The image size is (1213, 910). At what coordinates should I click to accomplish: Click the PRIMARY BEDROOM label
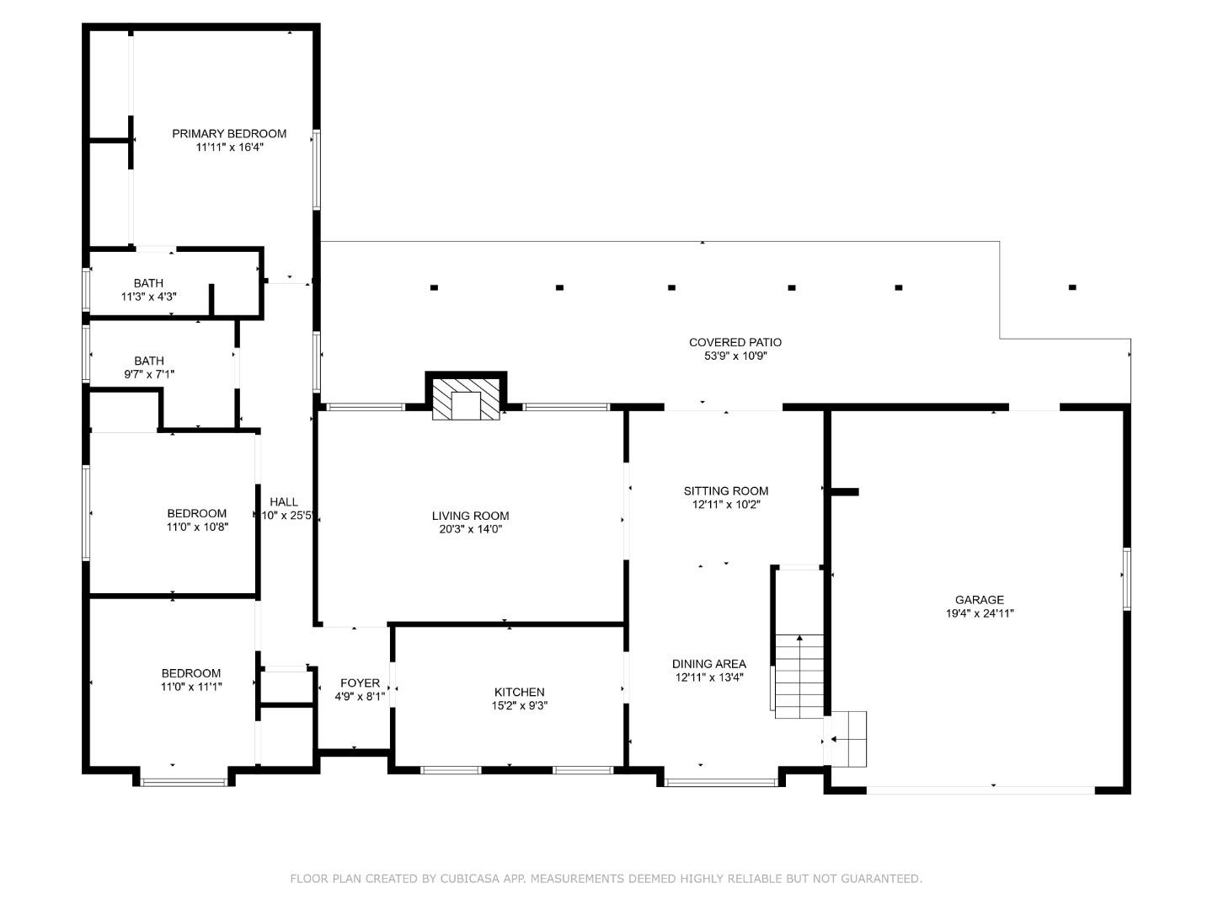tap(229, 134)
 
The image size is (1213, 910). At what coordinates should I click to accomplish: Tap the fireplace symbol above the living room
tap(466, 399)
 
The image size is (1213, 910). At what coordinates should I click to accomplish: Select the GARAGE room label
tap(979, 599)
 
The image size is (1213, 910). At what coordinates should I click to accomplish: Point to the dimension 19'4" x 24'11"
tap(979, 613)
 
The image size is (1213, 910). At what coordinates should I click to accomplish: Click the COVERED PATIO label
tap(735, 343)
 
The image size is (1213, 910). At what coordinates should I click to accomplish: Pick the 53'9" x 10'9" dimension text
tap(735, 356)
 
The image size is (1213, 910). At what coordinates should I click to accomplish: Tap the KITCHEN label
tap(519, 692)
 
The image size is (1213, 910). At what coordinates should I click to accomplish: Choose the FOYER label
tap(360, 682)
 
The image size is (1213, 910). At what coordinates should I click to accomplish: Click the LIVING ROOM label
tap(470, 516)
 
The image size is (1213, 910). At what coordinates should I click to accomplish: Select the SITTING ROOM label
tap(725, 490)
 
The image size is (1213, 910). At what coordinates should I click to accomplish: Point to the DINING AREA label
tap(709, 664)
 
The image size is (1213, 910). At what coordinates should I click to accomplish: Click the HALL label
tap(284, 501)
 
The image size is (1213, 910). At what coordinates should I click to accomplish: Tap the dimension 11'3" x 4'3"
tap(148, 297)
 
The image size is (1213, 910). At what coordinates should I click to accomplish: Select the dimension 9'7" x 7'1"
tap(148, 374)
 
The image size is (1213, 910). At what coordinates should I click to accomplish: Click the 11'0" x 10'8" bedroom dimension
tap(197, 527)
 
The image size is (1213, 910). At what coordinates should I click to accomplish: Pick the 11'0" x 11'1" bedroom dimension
tap(191, 687)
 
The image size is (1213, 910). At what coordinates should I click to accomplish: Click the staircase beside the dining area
tap(799, 677)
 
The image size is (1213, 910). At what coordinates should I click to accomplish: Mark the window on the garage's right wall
tap(1127, 579)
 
